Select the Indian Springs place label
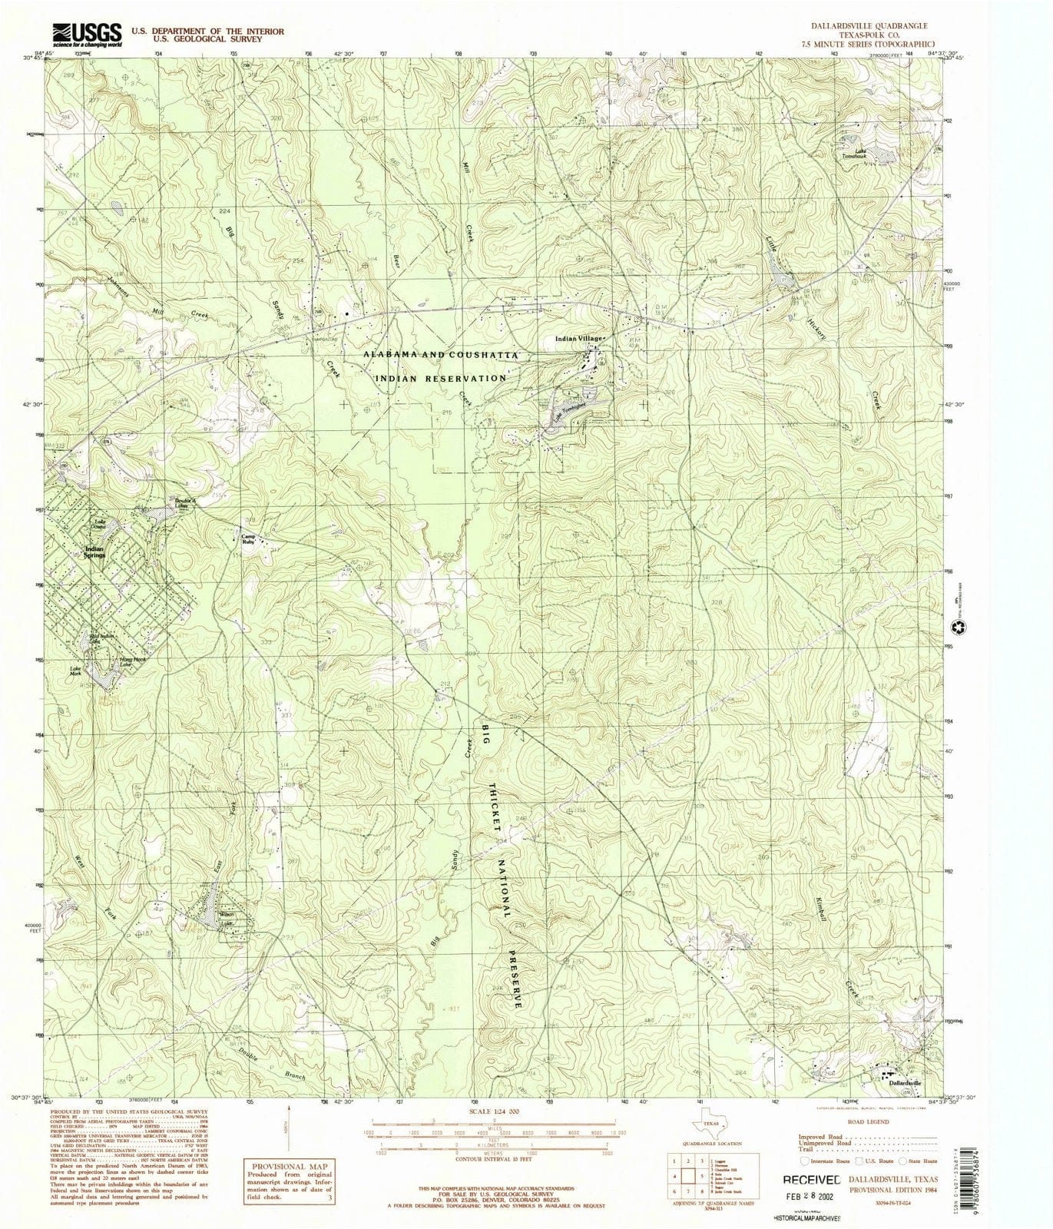[94, 552]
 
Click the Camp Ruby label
[248, 540]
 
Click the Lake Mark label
[76, 670]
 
